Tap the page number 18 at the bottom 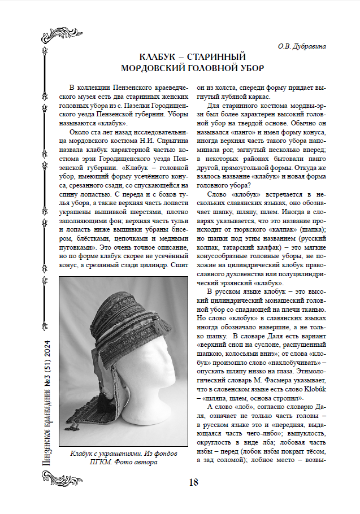193,482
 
